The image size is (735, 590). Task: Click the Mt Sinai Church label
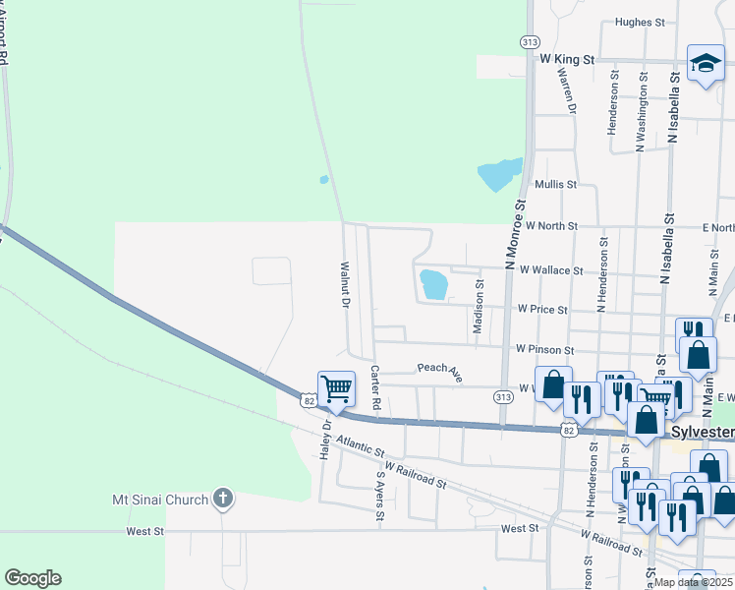coord(159,500)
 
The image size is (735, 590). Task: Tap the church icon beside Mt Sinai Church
coord(223,499)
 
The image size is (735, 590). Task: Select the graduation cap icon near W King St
coord(705,64)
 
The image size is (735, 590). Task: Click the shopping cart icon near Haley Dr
coord(336,387)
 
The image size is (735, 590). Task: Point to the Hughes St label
coord(640,22)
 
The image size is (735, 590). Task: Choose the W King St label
coord(568,60)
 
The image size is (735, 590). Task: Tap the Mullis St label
coord(555,184)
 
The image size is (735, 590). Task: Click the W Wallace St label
coord(551,269)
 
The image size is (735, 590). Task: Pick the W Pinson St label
coord(543,349)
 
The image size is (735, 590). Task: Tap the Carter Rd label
coord(374,386)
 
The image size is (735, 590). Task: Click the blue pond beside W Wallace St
coord(433,285)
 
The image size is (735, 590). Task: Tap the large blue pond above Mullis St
coord(499,174)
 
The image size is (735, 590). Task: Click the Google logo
coord(32,578)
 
